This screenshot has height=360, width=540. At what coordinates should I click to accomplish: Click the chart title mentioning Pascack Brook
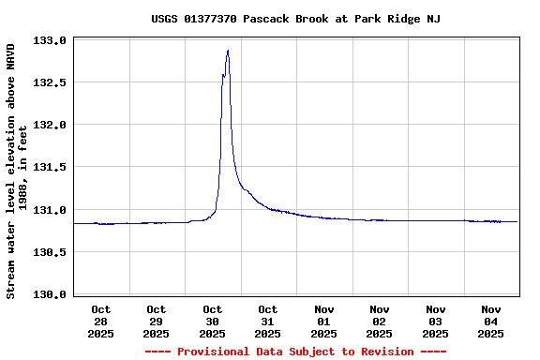click(295, 19)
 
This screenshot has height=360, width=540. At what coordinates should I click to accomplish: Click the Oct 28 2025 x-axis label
click(101, 321)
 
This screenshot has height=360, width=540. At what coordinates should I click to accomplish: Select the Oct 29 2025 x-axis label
click(157, 321)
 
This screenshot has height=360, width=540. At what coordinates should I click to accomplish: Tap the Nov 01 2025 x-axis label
click(323, 321)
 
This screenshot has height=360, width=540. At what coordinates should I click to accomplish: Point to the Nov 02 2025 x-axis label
click(380, 321)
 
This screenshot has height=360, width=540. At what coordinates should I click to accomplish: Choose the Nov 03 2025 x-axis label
click(435, 321)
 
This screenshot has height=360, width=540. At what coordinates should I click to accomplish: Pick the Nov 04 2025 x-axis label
click(491, 321)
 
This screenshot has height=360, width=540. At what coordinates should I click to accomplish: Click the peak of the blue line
click(228, 51)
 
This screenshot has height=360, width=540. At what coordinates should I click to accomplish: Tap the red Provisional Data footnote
click(295, 352)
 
